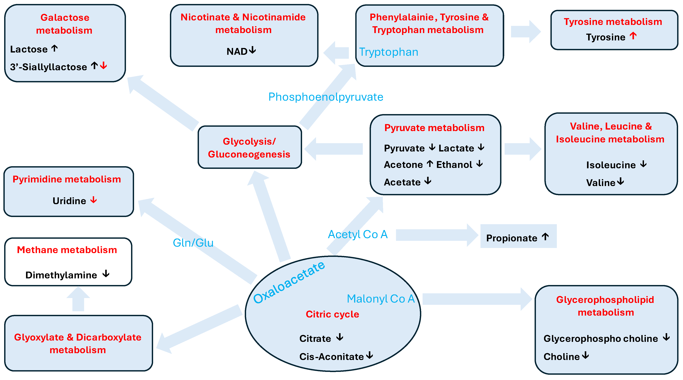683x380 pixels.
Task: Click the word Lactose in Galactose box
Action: coord(29,49)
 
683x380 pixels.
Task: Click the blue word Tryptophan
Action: coord(388,52)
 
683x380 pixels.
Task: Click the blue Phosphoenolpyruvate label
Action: coord(326,97)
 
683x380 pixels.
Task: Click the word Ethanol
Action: coord(454,165)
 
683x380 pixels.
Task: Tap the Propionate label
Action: coord(511,238)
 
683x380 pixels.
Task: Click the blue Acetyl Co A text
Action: coord(358,235)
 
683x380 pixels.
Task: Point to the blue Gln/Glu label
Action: coord(193,243)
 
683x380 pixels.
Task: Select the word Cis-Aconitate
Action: coord(332,357)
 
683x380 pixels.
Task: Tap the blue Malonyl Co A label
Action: coord(381,299)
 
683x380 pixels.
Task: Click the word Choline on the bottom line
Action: coord(562,357)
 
